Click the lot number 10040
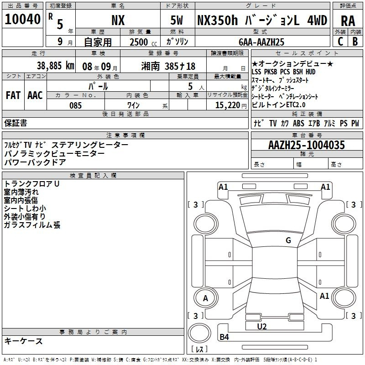(22, 19)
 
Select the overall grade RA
(348, 21)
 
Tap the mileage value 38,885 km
(55, 66)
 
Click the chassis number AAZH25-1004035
(307, 145)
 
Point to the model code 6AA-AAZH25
(261, 42)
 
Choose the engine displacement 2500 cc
(143, 42)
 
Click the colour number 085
(75, 105)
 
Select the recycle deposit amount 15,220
(228, 105)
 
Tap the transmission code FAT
(13, 95)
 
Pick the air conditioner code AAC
(35, 95)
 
